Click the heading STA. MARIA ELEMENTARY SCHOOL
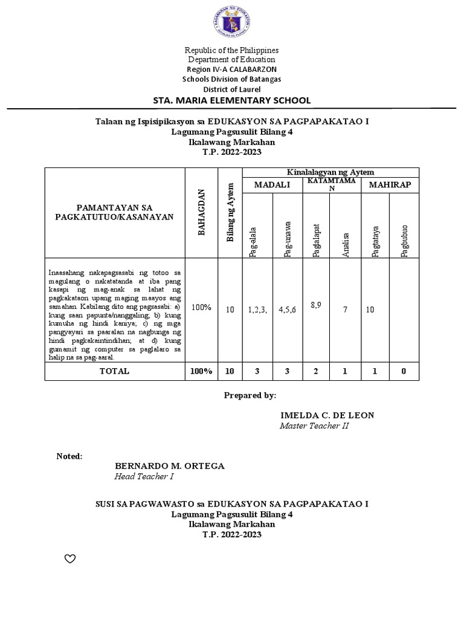(232, 100)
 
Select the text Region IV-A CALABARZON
(232, 70)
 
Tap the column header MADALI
(272, 184)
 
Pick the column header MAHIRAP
(390, 184)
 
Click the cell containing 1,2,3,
(257, 310)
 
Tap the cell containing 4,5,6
(287, 310)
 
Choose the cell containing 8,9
(316, 305)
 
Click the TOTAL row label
(114, 371)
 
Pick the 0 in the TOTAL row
(404, 371)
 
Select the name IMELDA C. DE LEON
(327, 415)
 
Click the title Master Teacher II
(314, 426)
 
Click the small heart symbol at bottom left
(69, 559)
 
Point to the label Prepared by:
(250, 395)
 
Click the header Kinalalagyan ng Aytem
(330, 173)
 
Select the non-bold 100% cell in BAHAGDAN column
(201, 308)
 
